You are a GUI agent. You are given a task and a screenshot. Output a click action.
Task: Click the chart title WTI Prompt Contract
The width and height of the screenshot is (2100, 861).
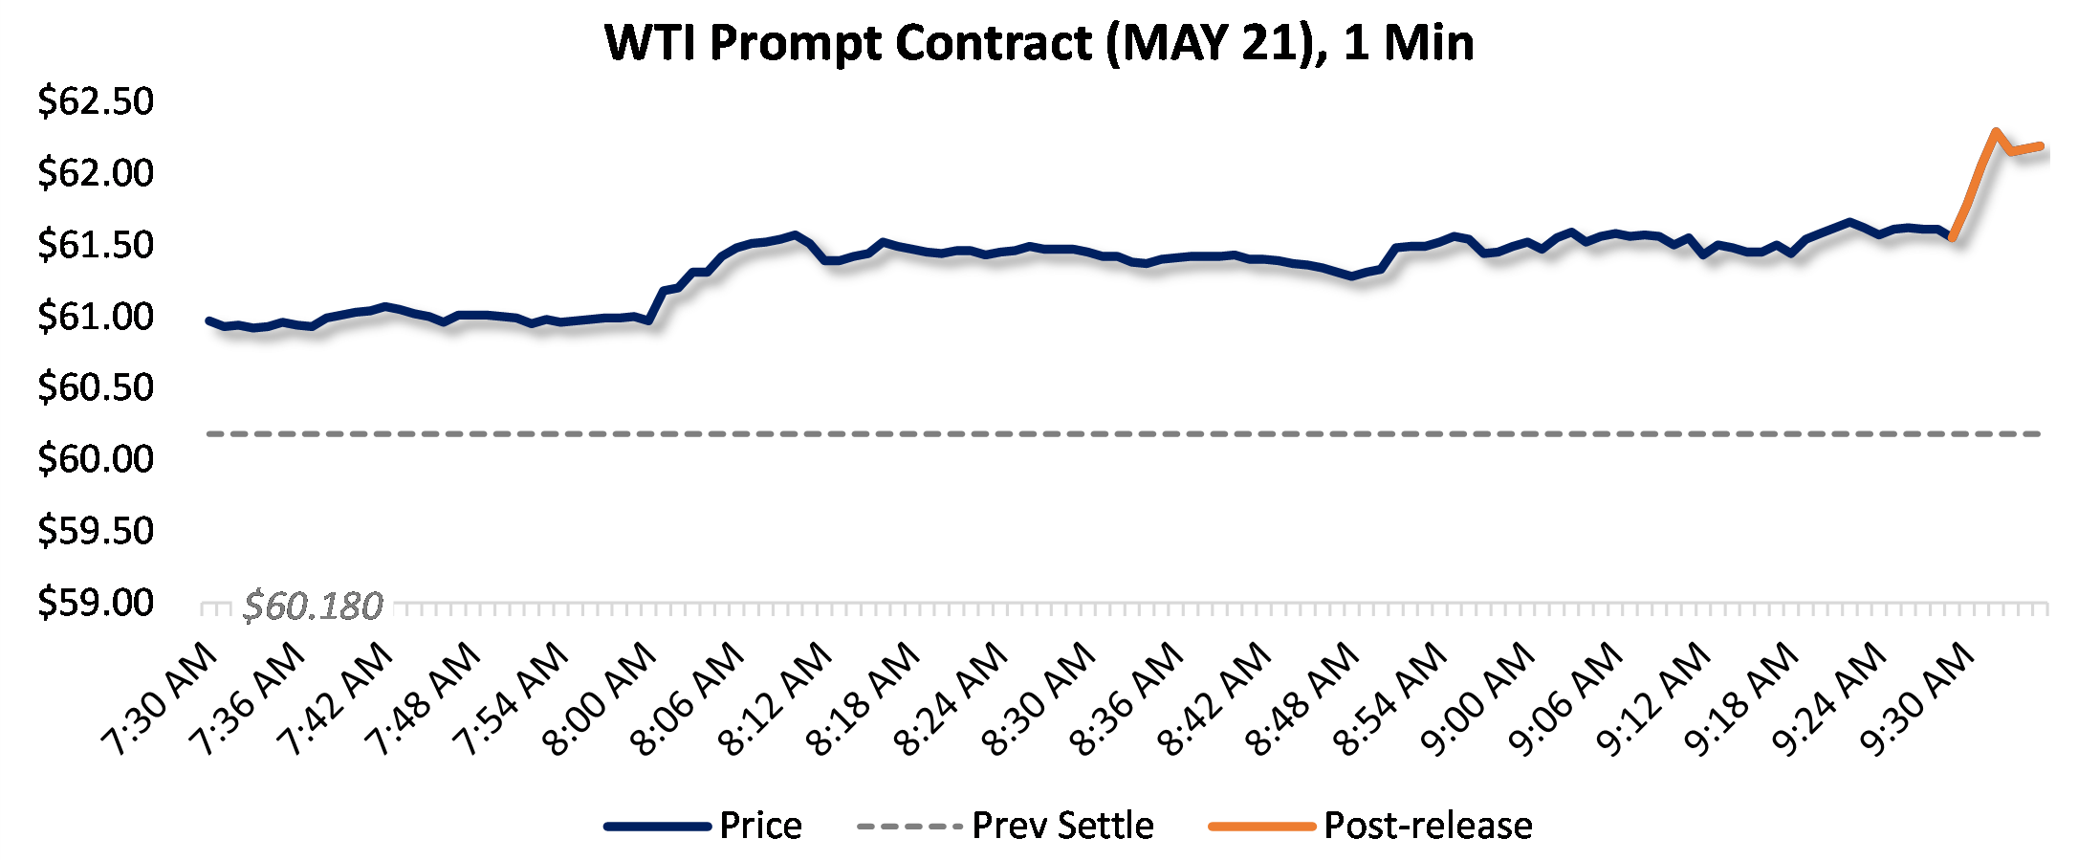(x=1039, y=43)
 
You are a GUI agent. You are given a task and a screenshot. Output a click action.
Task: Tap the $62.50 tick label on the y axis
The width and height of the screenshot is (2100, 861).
(x=96, y=101)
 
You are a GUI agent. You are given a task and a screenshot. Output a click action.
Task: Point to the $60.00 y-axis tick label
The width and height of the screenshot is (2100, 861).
(x=96, y=459)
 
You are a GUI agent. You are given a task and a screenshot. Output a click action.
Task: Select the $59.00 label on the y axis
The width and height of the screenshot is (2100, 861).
(x=96, y=603)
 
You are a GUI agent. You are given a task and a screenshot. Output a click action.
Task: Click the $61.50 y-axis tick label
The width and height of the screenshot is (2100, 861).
(x=96, y=245)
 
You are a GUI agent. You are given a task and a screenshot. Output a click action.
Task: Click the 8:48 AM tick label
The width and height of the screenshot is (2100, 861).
(x=1304, y=699)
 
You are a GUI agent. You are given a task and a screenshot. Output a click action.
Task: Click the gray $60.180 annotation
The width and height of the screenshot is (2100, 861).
(x=313, y=607)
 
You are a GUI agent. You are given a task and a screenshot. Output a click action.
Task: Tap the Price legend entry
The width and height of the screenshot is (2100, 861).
(x=760, y=826)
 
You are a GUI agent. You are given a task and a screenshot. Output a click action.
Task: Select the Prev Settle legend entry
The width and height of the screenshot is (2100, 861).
(x=1062, y=826)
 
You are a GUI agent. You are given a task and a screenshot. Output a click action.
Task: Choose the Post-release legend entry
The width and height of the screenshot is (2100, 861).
(x=1427, y=826)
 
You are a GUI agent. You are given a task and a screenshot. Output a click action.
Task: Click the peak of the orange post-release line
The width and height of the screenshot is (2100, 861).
(x=1995, y=131)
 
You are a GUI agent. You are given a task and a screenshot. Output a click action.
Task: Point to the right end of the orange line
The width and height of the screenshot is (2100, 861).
(x=2042, y=146)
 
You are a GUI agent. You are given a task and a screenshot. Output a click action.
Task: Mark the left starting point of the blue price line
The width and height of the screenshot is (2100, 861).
(x=208, y=320)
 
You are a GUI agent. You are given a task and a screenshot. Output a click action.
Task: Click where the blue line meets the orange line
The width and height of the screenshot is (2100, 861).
(x=1952, y=236)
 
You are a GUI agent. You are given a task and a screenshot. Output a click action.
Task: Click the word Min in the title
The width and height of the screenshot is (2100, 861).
(x=1429, y=43)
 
